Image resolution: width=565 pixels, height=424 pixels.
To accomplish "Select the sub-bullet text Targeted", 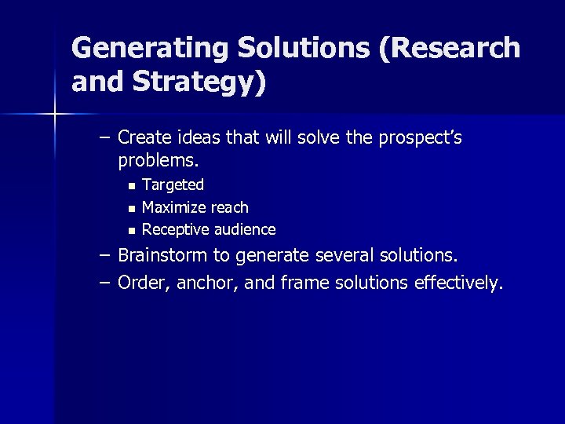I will (173, 185).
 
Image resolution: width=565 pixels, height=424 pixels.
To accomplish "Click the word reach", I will (229, 207).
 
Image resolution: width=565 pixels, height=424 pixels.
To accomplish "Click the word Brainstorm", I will (166, 255).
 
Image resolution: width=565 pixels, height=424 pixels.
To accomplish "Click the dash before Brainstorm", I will (104, 255).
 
